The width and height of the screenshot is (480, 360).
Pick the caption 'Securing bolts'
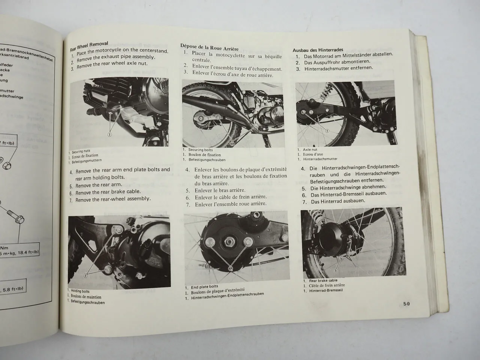point(201,150)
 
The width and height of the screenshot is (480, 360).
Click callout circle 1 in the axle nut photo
point(327,130)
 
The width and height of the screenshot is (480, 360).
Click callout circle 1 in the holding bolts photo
point(86,276)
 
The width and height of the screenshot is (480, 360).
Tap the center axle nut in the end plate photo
point(229,243)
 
